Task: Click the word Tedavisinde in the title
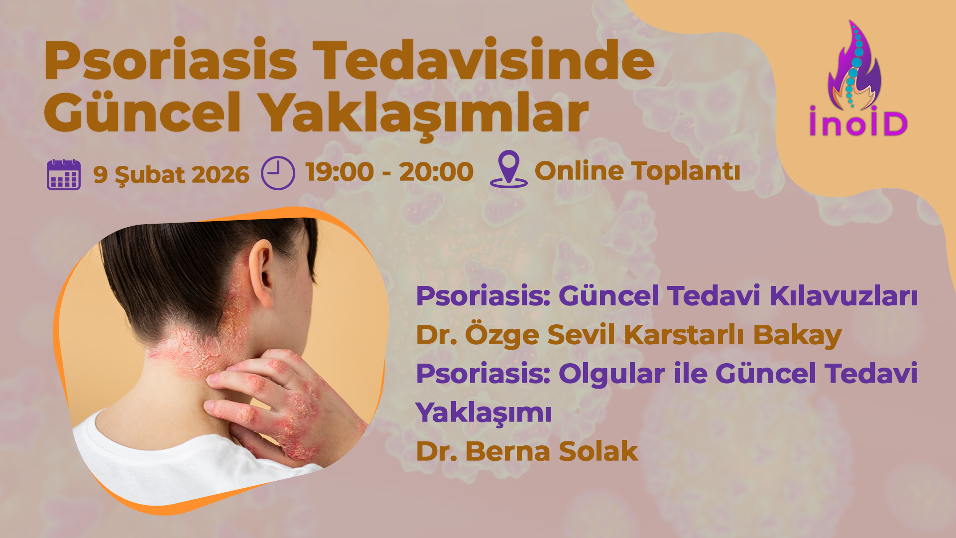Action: (x=483, y=61)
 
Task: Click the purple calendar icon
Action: (x=64, y=175)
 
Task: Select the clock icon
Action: (x=278, y=173)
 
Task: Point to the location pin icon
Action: (x=508, y=169)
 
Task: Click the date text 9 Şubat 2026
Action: (x=171, y=175)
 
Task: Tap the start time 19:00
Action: (x=340, y=172)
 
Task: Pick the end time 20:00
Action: (x=436, y=172)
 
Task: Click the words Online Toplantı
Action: (x=637, y=171)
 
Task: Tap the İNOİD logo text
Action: (x=858, y=123)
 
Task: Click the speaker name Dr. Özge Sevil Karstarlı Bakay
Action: (x=628, y=335)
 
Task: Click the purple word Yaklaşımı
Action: (x=484, y=412)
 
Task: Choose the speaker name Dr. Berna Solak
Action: (x=527, y=451)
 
